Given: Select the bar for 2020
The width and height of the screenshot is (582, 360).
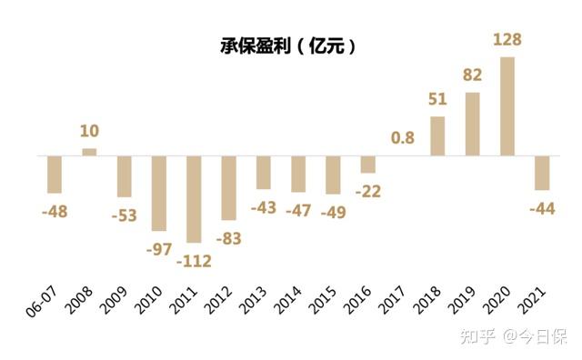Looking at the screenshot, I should point(507,105).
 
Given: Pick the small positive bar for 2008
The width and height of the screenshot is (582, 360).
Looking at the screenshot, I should point(89,151).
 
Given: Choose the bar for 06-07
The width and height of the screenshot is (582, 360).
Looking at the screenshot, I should point(55,174).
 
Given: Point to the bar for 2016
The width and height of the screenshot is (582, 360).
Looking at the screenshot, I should point(367,164).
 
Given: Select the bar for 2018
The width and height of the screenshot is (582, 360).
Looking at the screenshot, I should point(437,135).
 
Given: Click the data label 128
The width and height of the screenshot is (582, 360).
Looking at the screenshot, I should point(507,40).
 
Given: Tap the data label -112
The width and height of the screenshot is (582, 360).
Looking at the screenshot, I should point(194,261).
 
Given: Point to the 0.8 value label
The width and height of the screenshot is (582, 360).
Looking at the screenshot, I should point(403,138).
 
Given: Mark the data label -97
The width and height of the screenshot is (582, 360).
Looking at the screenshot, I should point(159,248).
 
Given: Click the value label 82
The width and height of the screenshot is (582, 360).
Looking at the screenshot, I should point(472,75).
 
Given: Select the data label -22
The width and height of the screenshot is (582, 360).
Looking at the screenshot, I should point(367,191).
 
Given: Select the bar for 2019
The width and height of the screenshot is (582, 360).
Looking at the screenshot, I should point(472,123).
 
